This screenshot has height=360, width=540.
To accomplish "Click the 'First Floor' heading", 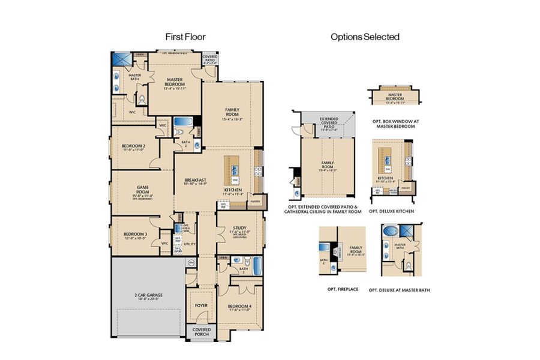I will click(185, 37).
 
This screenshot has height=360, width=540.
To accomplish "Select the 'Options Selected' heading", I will click(365, 37).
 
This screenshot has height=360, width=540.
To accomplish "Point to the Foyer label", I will click(201, 305).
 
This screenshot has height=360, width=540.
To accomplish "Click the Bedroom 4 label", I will click(240, 307).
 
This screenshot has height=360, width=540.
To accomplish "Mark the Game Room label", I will click(142, 191).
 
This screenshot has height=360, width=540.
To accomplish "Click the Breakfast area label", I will click(196, 182).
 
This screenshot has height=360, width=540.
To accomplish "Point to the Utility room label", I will click(190, 244).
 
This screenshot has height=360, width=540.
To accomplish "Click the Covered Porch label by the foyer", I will click(201, 332).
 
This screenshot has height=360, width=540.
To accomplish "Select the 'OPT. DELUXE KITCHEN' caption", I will click(391, 211).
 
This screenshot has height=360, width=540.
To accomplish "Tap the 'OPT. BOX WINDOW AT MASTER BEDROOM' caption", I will click(396, 123).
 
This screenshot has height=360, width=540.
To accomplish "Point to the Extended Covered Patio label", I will click(328, 123).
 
